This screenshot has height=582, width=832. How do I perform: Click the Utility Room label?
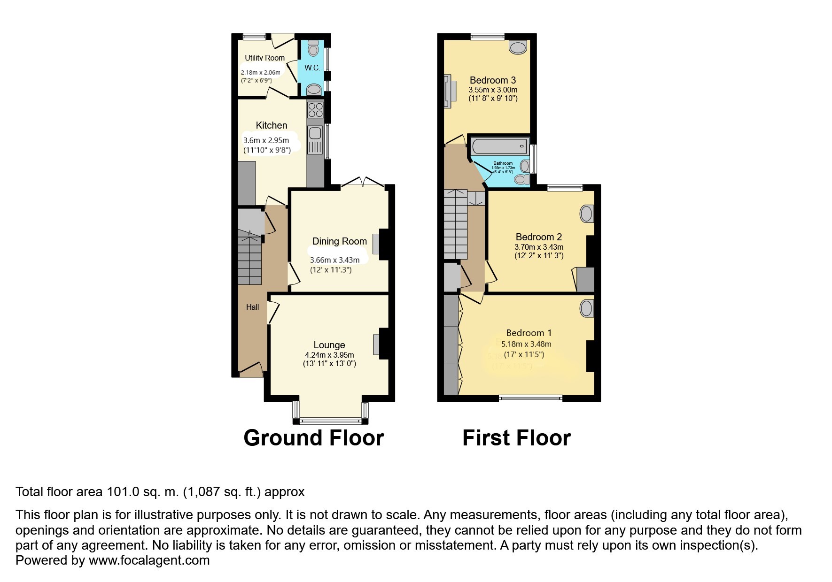[x=264, y=58]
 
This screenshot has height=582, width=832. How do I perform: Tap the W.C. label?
[x=312, y=68]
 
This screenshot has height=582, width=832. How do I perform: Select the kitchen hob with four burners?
[x=315, y=110]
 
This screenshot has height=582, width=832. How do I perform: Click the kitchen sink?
[x=315, y=133]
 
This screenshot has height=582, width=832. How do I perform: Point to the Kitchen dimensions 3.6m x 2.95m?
[x=266, y=140]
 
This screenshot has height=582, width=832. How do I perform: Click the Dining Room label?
[x=339, y=241]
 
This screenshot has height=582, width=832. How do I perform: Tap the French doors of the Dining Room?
[x=363, y=183]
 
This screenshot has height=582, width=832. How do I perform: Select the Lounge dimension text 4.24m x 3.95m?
[x=329, y=355]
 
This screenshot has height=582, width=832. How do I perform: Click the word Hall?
[x=252, y=307]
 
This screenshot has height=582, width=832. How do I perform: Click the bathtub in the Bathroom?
[x=500, y=146]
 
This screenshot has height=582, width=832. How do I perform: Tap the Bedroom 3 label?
[x=492, y=80]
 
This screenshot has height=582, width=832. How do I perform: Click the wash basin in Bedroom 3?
[x=518, y=47]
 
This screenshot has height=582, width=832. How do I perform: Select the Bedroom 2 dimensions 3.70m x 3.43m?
[x=538, y=247]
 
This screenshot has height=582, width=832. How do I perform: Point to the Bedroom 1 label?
[x=529, y=333]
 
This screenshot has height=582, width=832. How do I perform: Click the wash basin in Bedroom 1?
[x=586, y=308]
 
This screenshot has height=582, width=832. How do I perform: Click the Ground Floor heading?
[x=313, y=438]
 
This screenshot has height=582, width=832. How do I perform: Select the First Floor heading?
[x=516, y=438]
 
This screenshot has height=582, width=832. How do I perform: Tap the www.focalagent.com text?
[x=149, y=560]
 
